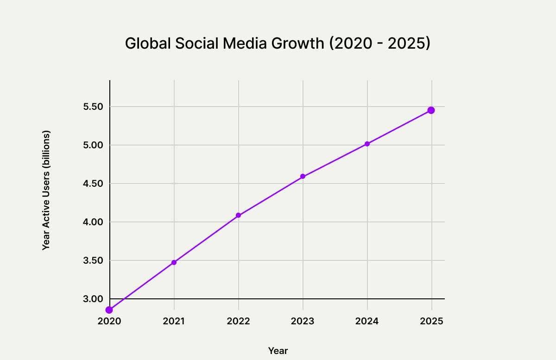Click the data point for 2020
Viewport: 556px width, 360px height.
pos(109,310)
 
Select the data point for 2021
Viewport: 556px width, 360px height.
pos(174,262)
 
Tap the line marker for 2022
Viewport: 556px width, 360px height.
pos(238,215)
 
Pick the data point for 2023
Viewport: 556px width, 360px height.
pos(303,177)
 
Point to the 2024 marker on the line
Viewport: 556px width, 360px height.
pos(367,144)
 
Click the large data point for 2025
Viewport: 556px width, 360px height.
pos(431,110)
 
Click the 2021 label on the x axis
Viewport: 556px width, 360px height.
pos(174,321)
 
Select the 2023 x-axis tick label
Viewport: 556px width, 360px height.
pos(303,321)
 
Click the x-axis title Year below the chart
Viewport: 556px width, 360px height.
pos(278,351)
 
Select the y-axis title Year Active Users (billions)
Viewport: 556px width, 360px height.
pos(46,190)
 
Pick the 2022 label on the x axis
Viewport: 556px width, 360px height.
pos(239,321)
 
